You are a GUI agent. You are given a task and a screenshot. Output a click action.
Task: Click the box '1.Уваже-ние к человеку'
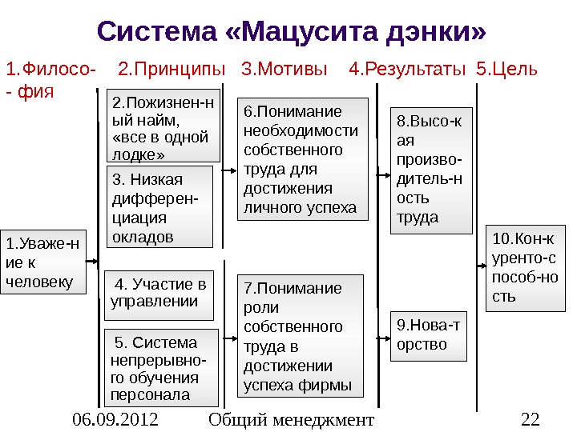pos(43,262)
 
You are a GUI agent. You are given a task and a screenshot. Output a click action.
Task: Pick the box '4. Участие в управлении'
pos(160,294)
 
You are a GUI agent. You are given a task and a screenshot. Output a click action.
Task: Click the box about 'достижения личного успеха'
pos(304,159)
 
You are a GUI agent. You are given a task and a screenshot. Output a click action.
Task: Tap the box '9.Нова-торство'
pos(429,335)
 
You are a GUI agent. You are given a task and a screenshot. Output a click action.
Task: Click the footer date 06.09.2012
pos(115,419)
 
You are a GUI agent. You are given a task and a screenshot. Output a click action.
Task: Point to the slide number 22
pos(530,419)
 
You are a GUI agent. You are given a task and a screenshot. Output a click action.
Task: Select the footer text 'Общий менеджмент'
pos(290,419)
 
